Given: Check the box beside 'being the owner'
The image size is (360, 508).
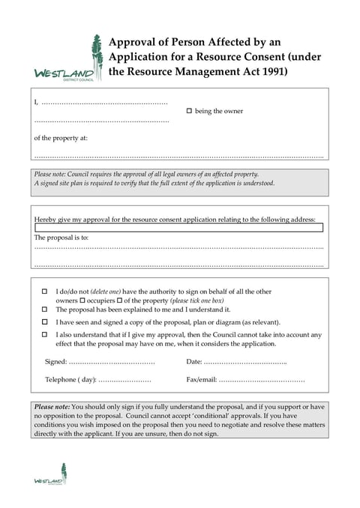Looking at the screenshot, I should tap(189, 111).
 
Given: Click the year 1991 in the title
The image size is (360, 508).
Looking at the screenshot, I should tap(270, 72).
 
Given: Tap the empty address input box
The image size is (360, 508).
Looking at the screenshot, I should tap(178, 228).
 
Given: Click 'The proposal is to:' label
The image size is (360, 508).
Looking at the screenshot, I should tap(61, 238).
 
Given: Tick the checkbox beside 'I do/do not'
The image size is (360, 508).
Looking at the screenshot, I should tap(44, 291).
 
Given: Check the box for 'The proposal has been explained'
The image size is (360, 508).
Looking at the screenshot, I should tap(44, 309).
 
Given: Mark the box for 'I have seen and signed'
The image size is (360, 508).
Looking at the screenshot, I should tap(44, 321).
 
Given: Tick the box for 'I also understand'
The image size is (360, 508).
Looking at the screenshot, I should tap(44, 334).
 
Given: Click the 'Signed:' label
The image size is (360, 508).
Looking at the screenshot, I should tap(56, 362).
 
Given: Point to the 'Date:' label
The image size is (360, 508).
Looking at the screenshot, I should tap(194, 362).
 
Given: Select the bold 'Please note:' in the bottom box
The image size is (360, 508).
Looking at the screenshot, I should tap(52, 407).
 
